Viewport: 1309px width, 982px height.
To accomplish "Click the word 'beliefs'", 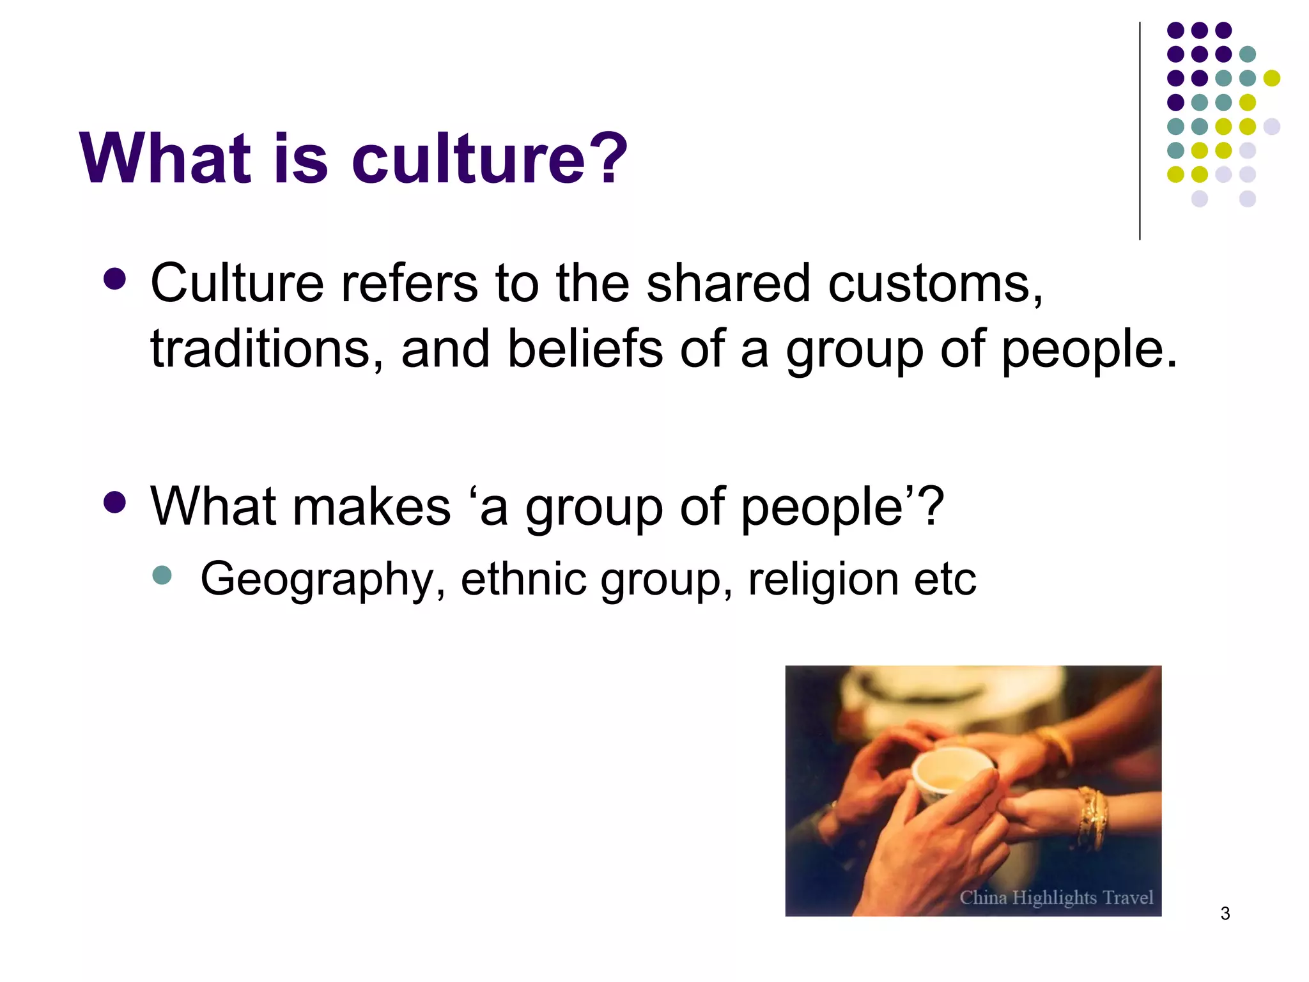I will [x=585, y=349].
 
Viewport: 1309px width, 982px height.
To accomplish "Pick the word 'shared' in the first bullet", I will [x=728, y=283].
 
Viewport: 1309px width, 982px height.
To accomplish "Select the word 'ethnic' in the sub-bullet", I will [x=523, y=578].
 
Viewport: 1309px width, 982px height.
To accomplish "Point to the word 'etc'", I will [x=945, y=579].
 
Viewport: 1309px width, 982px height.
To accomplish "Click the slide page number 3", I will [x=1225, y=914].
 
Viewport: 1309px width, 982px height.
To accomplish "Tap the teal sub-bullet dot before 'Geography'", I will [x=162, y=575].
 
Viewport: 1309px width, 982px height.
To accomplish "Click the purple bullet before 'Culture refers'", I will [x=114, y=279].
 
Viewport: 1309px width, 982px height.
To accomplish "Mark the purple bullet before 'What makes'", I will [x=114, y=503].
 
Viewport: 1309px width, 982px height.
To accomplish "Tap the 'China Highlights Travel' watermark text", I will [x=1056, y=898].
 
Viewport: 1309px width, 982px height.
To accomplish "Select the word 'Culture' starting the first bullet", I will [x=237, y=283].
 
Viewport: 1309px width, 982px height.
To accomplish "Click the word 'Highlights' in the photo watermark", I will [x=1054, y=898].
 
